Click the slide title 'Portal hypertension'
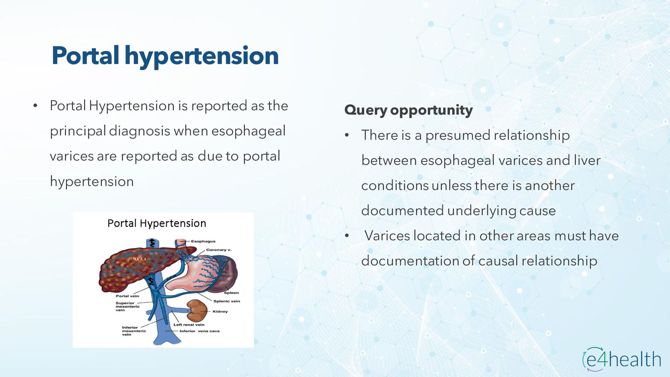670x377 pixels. pos(165,56)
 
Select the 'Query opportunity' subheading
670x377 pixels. pos(408,110)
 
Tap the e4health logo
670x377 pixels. pos(621,359)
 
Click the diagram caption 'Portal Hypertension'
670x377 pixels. pos(157,223)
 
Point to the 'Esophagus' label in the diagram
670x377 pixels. pos(203,241)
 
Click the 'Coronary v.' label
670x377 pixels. pos(219,250)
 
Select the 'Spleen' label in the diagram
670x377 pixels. pos(231,293)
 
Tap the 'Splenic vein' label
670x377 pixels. pos(227,301)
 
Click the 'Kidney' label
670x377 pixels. pos(220,311)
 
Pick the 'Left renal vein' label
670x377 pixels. pos(189,325)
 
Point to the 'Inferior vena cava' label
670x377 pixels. pos(200,331)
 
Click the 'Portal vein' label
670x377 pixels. pos(127,296)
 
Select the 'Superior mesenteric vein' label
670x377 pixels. pos(127,306)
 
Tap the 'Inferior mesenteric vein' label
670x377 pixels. pos(134,331)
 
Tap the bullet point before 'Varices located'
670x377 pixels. pos(347,236)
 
